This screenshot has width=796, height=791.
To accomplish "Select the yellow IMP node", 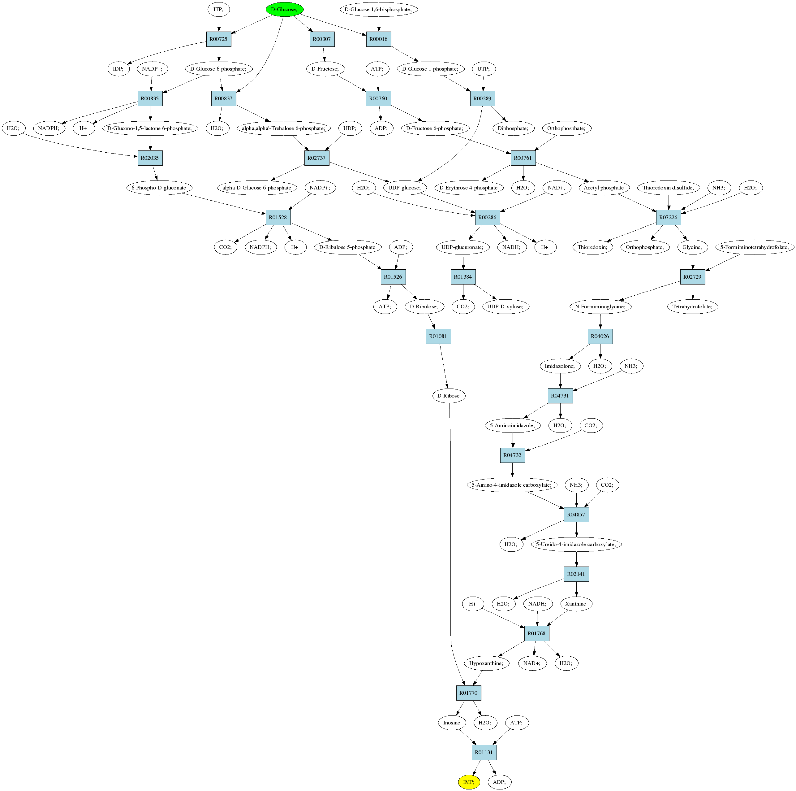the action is click(x=469, y=782).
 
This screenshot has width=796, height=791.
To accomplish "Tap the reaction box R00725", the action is click(x=218, y=39).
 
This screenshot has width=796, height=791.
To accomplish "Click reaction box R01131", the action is click(x=484, y=752).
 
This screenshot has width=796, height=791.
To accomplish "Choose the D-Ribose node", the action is click(x=449, y=396).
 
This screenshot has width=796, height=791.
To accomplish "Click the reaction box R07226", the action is click(x=668, y=217).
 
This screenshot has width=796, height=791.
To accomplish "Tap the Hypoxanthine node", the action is click(x=487, y=663).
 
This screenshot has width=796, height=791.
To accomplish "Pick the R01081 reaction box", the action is click(x=438, y=336).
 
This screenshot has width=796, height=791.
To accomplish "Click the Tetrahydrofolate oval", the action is click(x=693, y=306).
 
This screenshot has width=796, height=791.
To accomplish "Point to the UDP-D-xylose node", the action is click(x=506, y=306).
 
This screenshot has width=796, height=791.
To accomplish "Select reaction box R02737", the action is click(x=317, y=158).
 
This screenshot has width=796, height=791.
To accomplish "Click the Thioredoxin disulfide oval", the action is click(x=668, y=188).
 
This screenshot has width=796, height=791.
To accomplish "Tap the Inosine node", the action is click(x=452, y=723).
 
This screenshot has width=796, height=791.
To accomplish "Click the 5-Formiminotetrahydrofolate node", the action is click(x=755, y=247).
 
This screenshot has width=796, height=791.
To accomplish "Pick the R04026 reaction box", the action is click(x=600, y=336).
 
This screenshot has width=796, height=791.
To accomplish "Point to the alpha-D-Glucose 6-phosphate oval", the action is click(x=257, y=188).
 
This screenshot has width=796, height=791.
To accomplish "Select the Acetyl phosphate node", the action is click(x=604, y=188).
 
